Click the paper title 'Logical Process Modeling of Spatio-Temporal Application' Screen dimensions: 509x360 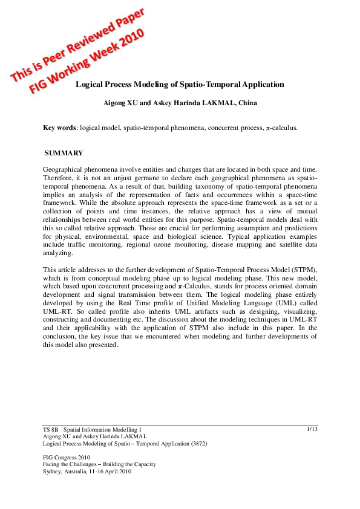click(179, 85)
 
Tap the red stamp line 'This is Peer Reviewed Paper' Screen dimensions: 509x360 click(79, 45)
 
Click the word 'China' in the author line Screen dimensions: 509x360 click(247, 103)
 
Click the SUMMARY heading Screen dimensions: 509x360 click(64, 153)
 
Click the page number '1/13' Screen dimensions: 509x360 click(312, 429)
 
